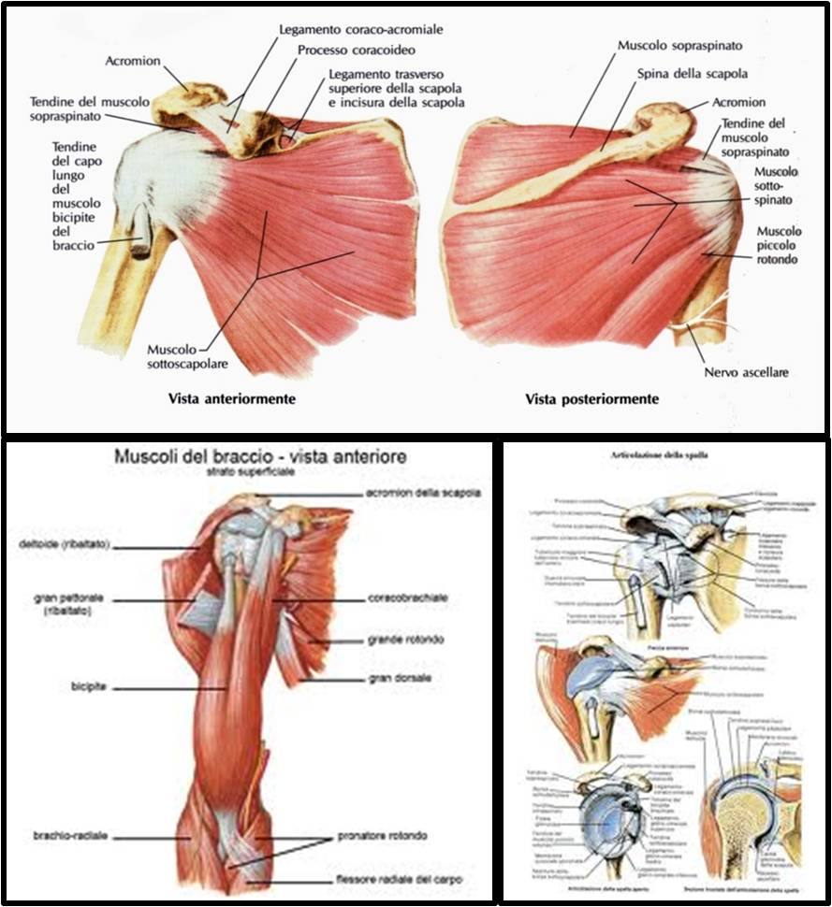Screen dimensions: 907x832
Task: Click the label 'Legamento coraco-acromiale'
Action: point(361,30)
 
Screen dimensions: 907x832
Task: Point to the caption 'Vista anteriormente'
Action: point(232,399)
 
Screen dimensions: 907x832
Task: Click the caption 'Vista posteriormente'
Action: point(591,399)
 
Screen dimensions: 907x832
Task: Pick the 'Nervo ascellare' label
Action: point(745,372)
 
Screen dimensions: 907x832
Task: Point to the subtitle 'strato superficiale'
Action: point(245,473)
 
